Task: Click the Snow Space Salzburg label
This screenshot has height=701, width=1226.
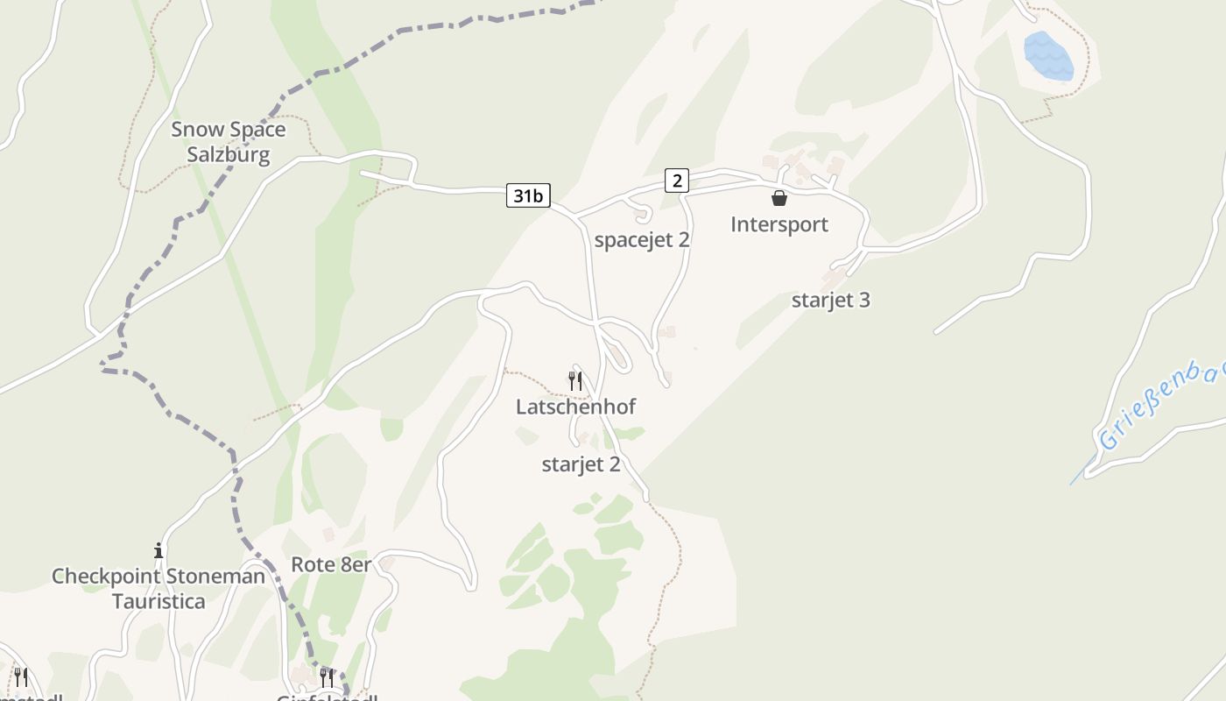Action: coord(228,142)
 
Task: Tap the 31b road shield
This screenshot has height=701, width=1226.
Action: coord(528,196)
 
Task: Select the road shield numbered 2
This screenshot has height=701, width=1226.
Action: coord(676,181)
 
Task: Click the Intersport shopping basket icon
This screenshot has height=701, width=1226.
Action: coord(779,199)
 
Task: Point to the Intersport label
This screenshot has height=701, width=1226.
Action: coord(779,224)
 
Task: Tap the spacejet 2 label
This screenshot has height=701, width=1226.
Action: coord(642,240)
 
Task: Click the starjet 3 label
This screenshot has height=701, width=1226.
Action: coord(830,300)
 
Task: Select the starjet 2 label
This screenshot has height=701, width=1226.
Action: coord(581,464)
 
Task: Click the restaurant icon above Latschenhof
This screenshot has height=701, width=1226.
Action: coord(575,381)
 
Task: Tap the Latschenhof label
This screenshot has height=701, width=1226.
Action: coord(575,407)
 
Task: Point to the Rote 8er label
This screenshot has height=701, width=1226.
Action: coord(331,564)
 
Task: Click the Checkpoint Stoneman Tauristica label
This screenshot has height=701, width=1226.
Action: coord(159,589)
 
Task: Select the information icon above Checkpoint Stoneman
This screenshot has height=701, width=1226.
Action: coord(159,551)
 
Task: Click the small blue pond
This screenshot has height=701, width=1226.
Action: coord(1048,56)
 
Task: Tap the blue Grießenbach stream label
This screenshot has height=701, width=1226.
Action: coord(1160,407)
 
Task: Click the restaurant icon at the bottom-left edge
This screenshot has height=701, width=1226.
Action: coord(21,677)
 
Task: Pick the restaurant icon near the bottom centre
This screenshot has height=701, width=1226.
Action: coord(327,677)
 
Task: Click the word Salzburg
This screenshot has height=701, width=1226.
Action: coord(228,155)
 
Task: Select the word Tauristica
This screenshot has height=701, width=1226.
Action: coord(159,602)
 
